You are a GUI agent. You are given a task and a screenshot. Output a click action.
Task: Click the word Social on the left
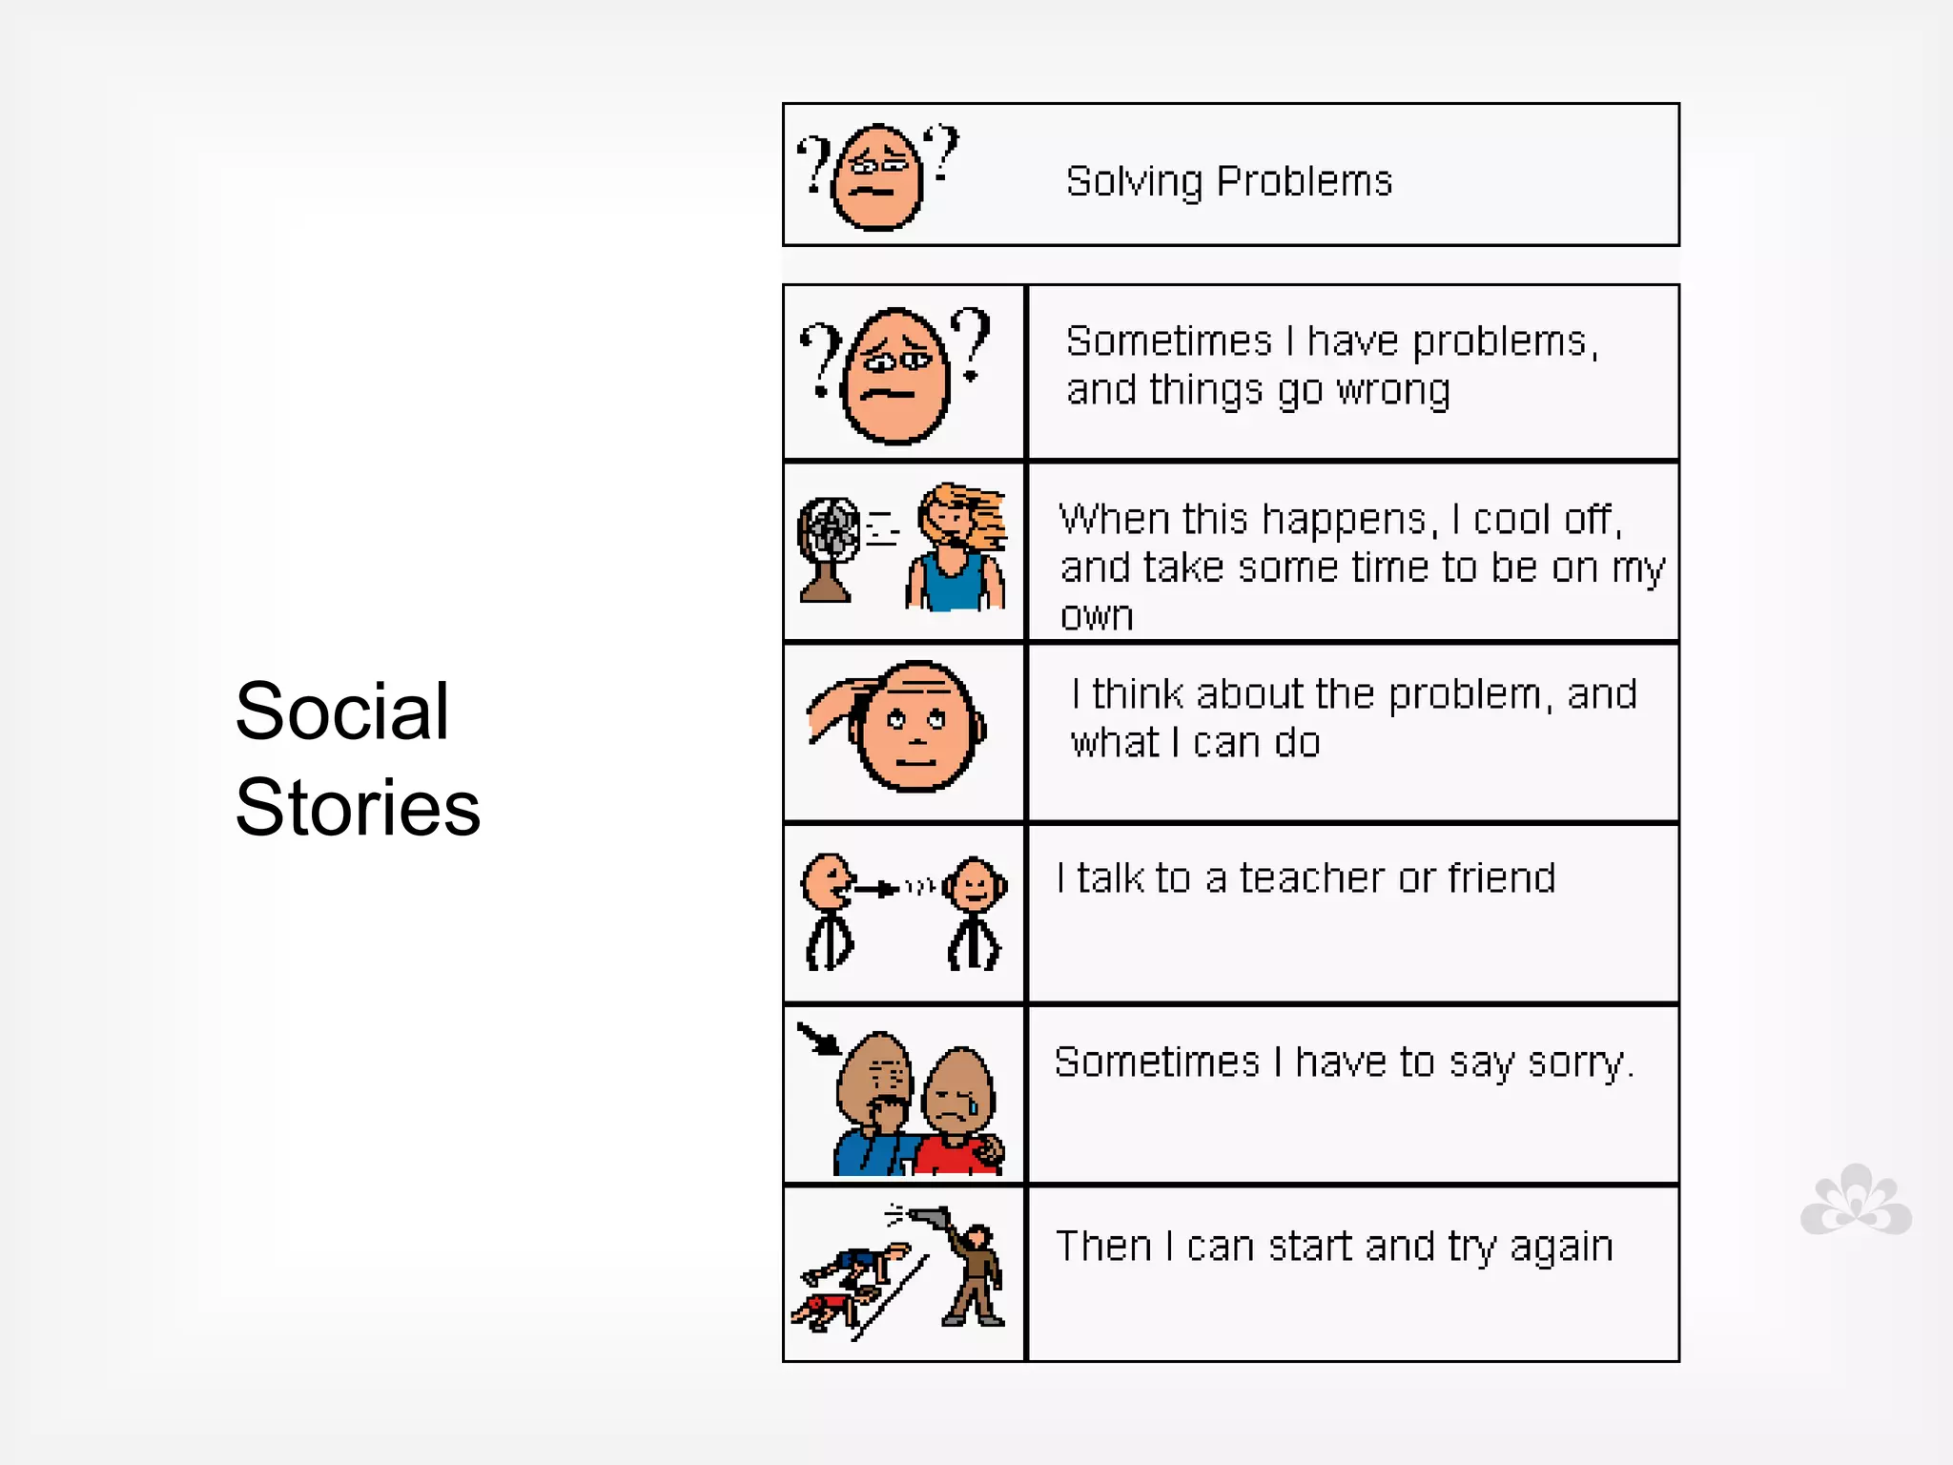coord(341,712)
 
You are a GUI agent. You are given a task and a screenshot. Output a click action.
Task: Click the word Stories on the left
coord(358,808)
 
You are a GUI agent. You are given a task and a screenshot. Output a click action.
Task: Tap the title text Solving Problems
coord(1228,181)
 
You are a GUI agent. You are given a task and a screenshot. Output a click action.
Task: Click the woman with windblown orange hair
coord(957,547)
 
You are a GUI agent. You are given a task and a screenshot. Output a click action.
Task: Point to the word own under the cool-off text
coord(1097,615)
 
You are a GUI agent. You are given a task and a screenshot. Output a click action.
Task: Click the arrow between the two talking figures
coord(875,889)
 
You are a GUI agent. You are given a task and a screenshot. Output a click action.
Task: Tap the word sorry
coord(1579,1063)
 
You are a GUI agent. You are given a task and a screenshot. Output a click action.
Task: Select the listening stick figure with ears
coord(975,911)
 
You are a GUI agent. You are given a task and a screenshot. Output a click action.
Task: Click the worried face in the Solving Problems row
coord(876,176)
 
